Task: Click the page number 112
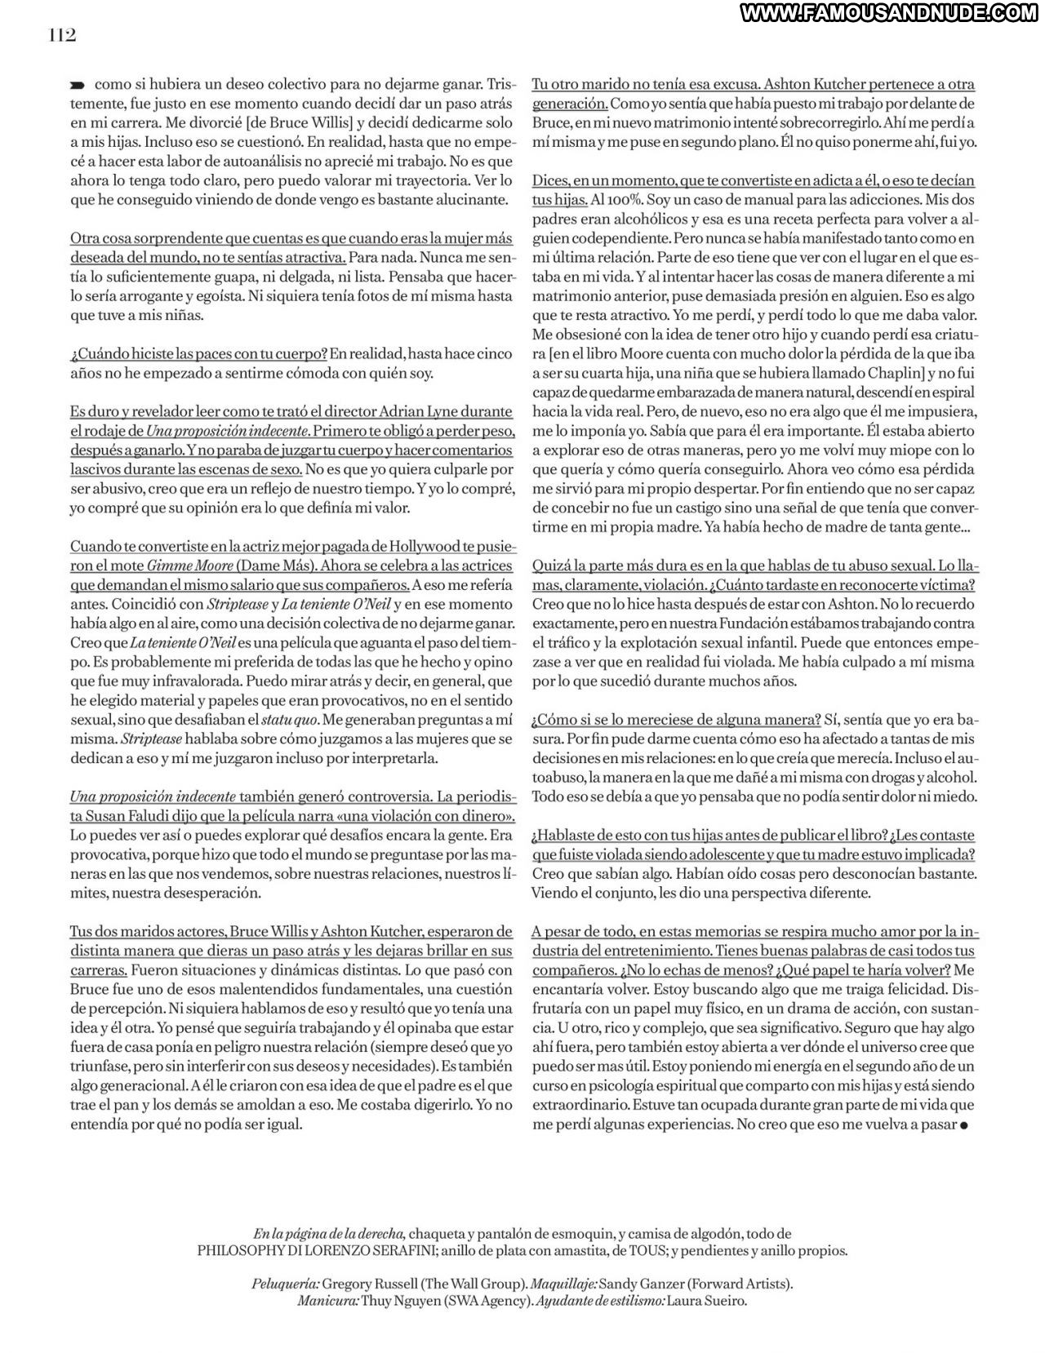tap(61, 36)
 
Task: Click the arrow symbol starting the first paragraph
tap(78, 85)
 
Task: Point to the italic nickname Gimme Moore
tap(181, 566)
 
